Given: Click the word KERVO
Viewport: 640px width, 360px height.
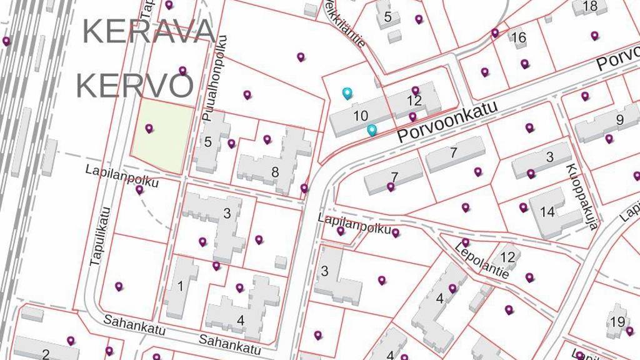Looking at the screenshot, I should coord(134,86).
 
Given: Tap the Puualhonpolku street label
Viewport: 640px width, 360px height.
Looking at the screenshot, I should coord(214,78).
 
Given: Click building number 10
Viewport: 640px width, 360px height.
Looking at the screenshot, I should coord(361,116).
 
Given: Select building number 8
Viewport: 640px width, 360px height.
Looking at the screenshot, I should coord(274,172).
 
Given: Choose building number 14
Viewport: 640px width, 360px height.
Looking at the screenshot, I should coord(547,212).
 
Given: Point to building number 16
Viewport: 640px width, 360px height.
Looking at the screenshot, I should coord(518,38).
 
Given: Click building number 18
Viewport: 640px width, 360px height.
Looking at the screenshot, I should coord(590,6).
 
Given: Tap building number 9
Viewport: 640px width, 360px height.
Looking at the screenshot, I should coord(619,120).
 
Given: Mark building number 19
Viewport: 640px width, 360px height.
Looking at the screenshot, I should coord(617,322).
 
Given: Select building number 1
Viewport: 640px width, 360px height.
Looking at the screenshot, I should coord(181,287).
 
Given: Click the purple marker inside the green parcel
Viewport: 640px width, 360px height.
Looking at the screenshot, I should coord(149,128).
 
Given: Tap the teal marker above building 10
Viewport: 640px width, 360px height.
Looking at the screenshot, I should coord(347,93).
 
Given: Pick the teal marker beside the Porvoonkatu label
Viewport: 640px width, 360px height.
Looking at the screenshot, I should coord(372,130).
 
